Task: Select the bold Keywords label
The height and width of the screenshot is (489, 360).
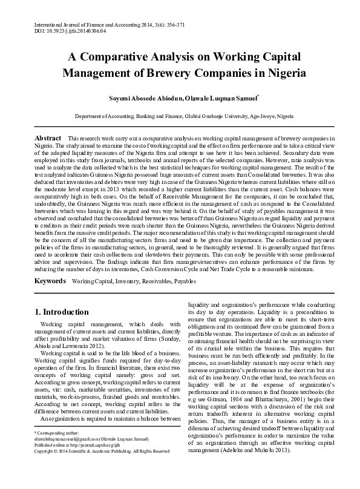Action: point(50,282)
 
